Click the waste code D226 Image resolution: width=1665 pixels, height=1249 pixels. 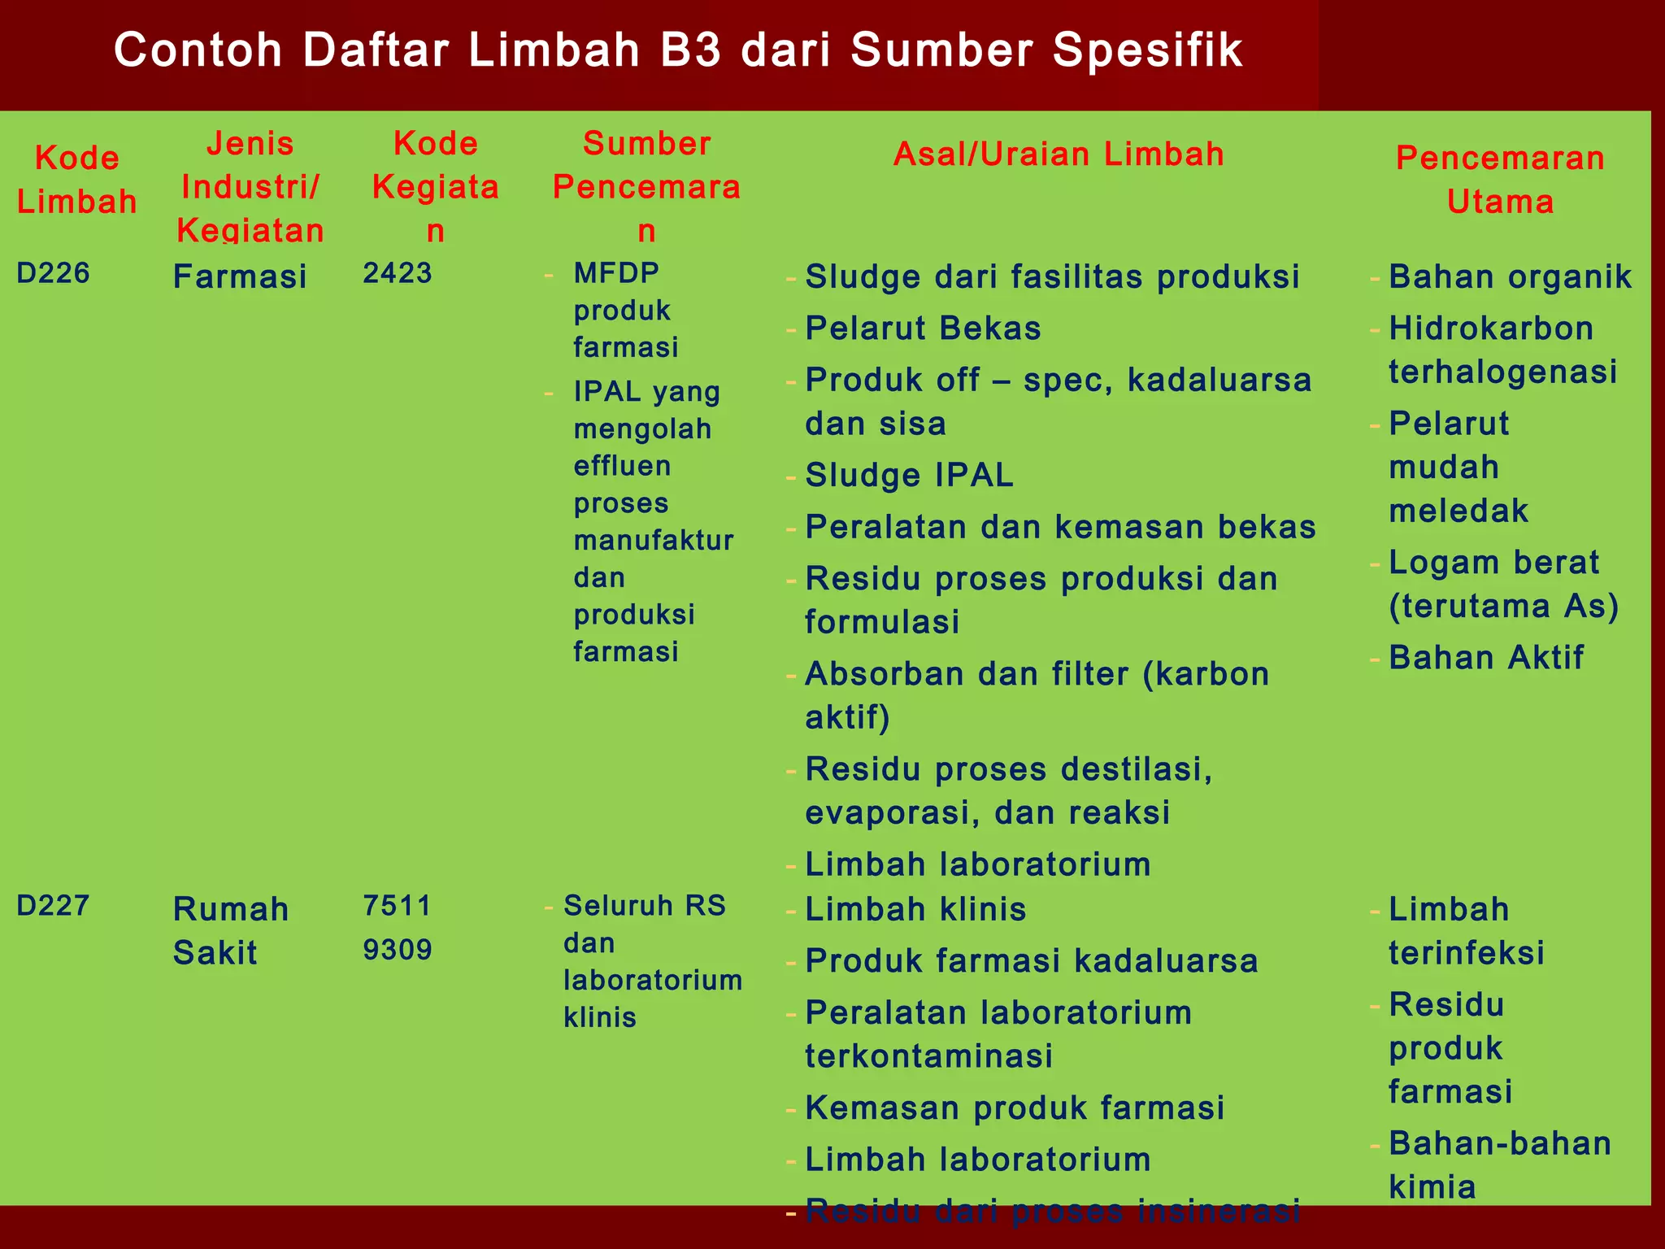pos(53,273)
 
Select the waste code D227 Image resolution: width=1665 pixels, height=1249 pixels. pos(53,906)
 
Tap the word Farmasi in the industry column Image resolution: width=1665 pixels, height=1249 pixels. pos(240,276)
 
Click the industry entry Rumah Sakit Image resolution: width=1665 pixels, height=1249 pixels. pos(231,930)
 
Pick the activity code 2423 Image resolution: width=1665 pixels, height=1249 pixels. pos(398,273)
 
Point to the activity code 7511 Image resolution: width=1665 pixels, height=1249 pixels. pos(398,906)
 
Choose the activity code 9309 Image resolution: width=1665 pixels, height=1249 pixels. pos(398,950)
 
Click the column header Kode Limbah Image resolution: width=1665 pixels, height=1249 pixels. pos(77,180)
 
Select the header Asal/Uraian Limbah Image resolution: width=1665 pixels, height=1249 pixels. pos(1059,154)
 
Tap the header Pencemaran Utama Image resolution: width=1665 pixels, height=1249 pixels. pos(1500,180)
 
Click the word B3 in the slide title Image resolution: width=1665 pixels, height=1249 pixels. pos(691,50)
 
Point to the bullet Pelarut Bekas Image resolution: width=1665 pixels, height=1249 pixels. pos(923,329)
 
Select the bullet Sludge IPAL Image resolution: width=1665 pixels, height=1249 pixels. pos(909,476)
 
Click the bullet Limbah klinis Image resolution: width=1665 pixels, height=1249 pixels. pos(915,909)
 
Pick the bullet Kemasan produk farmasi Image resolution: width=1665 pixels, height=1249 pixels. pos(1015,1108)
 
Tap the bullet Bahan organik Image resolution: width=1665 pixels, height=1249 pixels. pos(1510,276)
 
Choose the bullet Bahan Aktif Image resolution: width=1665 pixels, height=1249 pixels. pos(1486,658)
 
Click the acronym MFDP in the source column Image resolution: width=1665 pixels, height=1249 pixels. pos(616,273)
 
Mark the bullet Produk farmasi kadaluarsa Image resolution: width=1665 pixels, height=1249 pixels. pos(1031,961)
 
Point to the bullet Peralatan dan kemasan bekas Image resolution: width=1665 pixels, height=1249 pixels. pos(1060,527)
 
